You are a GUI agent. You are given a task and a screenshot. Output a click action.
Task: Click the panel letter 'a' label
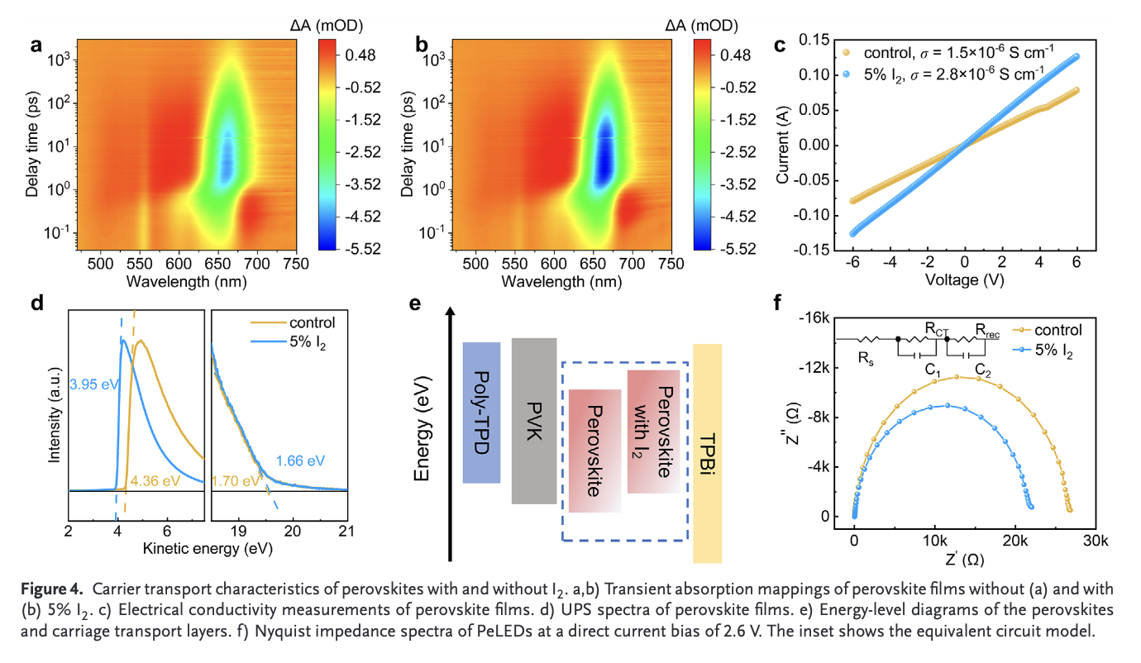point(36,45)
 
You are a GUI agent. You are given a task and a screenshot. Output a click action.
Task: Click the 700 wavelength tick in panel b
point(632,263)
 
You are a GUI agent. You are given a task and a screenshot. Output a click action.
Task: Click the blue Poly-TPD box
point(481,412)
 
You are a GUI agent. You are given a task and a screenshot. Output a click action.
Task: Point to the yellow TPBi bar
point(708,453)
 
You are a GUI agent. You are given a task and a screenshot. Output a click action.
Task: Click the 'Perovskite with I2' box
point(653,432)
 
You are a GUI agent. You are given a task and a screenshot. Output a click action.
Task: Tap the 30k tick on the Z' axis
point(1096,539)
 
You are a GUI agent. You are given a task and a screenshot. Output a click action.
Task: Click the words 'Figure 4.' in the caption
point(51,589)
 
